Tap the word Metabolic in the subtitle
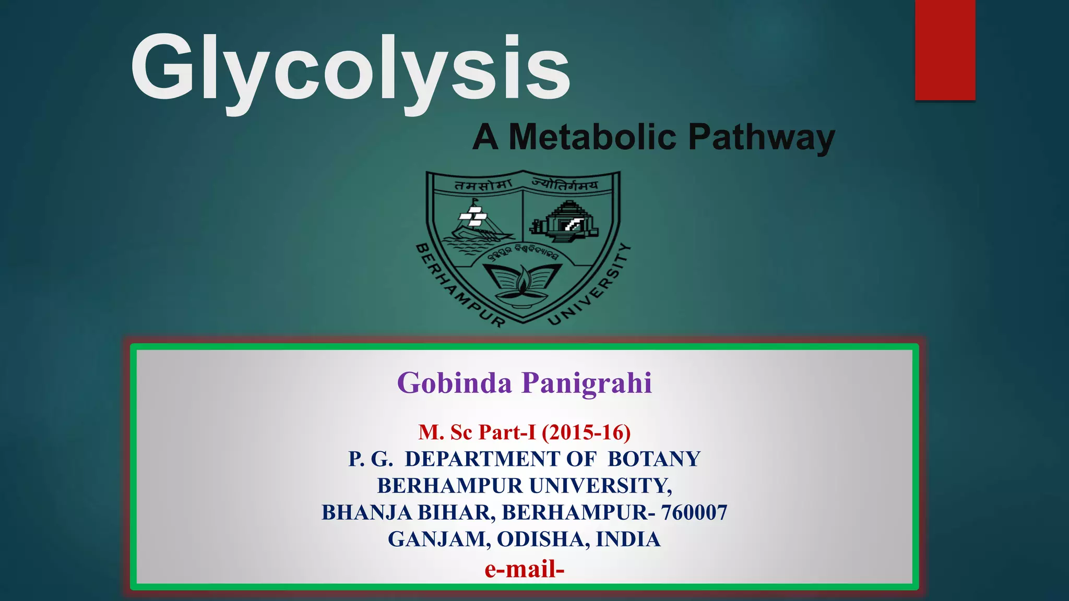592,137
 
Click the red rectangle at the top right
945,50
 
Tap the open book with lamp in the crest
522,284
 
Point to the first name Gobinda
454,383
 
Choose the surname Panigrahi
587,383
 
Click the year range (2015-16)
586,432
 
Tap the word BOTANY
654,459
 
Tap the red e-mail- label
524,569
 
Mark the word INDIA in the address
628,539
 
